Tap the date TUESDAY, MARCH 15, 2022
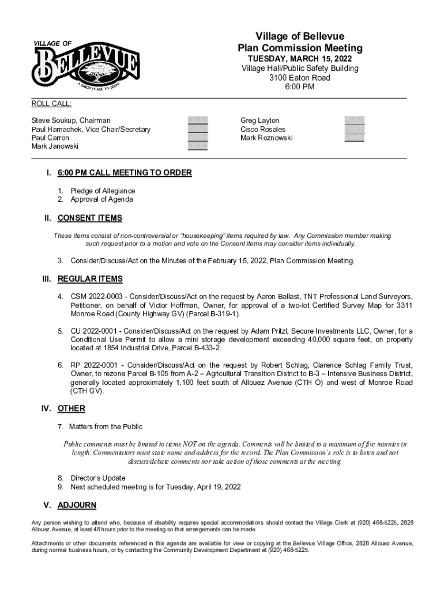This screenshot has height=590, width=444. [x=300, y=59]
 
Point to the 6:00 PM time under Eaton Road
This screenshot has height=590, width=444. [x=300, y=87]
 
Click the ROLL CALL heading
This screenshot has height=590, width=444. [x=51, y=104]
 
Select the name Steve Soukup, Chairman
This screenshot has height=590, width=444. [x=71, y=120]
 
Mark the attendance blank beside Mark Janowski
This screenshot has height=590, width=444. [x=197, y=146]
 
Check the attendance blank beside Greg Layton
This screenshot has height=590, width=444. [x=354, y=120]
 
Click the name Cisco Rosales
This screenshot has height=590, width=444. [x=263, y=129]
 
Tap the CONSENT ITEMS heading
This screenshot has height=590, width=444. [x=89, y=218]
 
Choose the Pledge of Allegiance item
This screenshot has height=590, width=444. [x=103, y=191]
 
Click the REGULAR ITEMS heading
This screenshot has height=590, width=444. [x=90, y=279]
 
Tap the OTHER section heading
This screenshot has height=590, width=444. [x=72, y=409]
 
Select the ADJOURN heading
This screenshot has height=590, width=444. [x=77, y=505]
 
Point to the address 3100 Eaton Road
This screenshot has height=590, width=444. [x=300, y=78]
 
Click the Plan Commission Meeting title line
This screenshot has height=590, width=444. [x=300, y=48]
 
